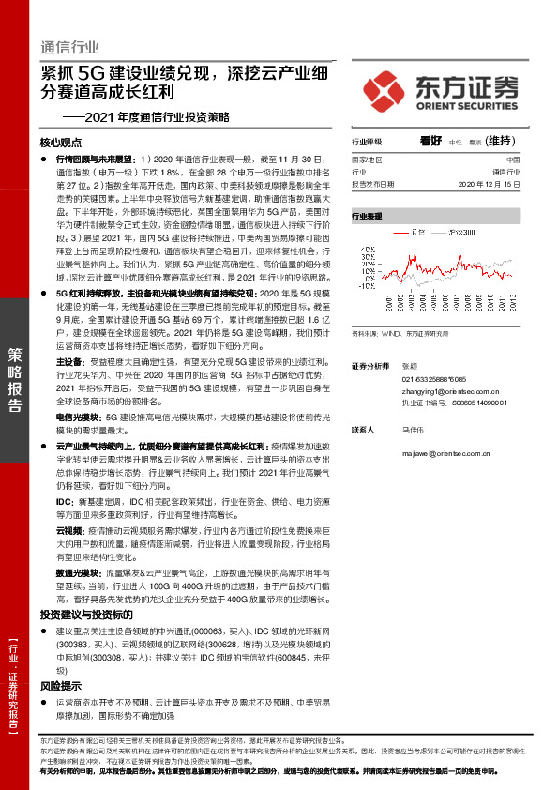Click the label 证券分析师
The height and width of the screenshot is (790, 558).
(x=369, y=364)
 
